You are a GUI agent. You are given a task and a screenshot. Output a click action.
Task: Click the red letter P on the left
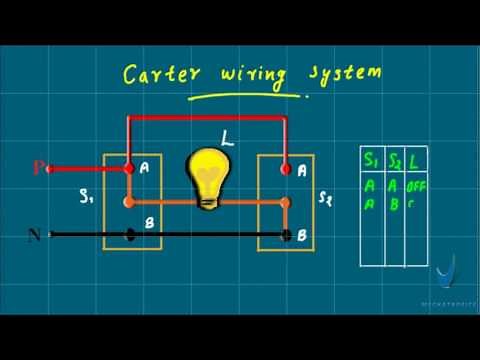coord(39,168)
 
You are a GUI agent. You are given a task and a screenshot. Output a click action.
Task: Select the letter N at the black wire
coord(35,236)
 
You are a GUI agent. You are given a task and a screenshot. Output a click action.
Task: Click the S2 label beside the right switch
coord(325,200)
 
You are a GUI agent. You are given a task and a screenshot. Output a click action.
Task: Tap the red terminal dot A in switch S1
coord(129,169)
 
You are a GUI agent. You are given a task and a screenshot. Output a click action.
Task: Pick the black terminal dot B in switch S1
coord(130,236)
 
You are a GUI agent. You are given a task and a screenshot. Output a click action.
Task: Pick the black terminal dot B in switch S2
coord(287,236)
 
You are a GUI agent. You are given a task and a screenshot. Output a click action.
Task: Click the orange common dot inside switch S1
coord(127,201)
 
